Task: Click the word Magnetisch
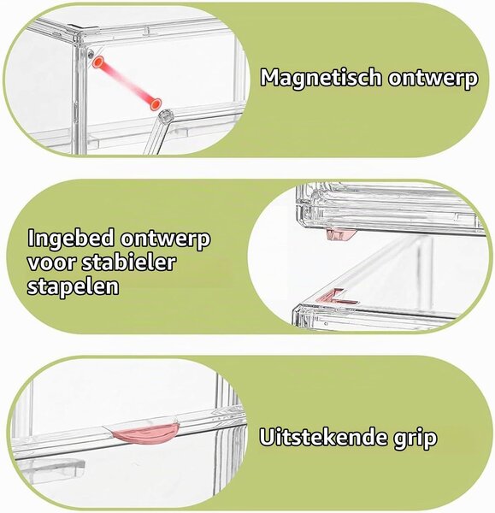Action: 321,78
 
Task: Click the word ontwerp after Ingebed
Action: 165,239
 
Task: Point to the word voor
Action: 50,262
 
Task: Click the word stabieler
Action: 128,262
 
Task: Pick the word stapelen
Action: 73,286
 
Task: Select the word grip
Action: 415,439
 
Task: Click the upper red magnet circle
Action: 97,62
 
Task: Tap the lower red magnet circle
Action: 156,104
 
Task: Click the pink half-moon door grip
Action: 145,433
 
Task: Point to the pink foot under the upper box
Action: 341,234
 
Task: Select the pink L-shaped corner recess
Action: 337,297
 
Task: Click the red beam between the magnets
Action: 127,83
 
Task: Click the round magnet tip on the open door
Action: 166,115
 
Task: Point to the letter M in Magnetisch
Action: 271,78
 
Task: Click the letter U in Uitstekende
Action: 268,437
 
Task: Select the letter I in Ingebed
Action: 31,238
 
